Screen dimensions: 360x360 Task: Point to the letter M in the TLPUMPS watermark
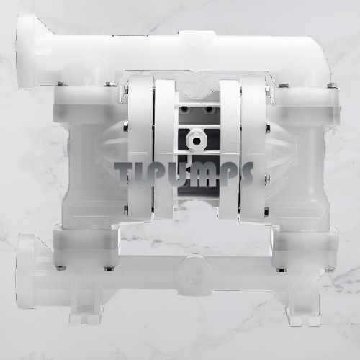[205, 174]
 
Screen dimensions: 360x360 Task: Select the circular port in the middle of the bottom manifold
[194, 274]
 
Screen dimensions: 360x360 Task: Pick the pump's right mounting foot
[303, 316]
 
